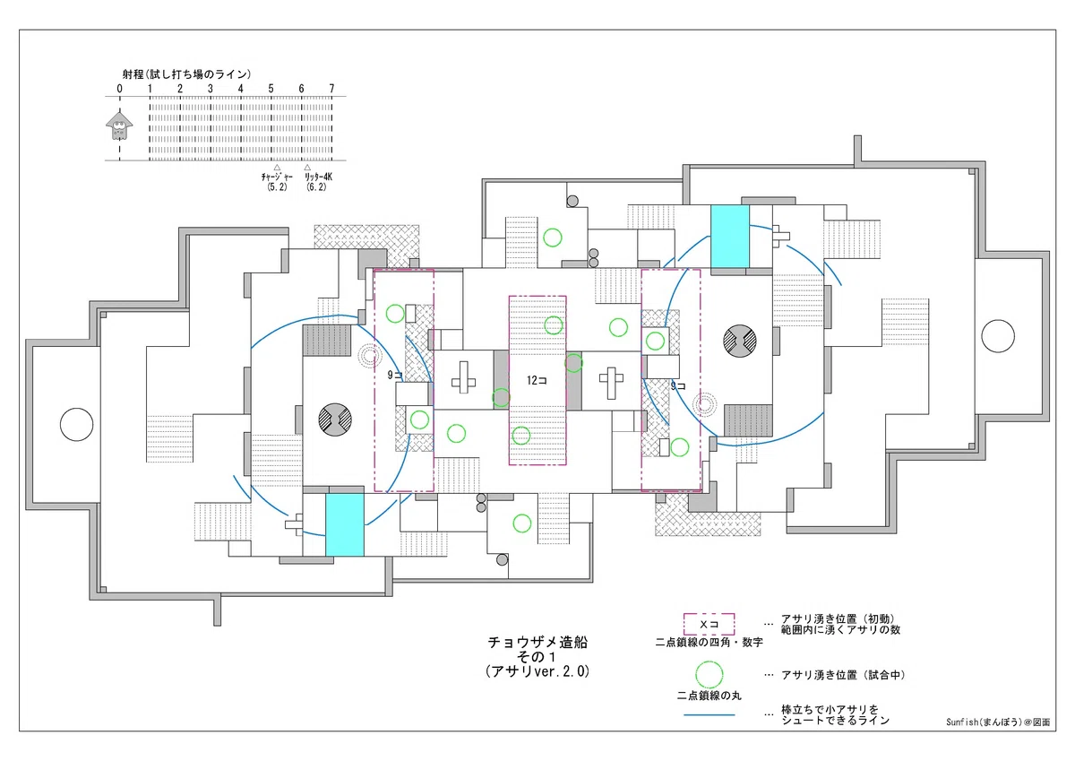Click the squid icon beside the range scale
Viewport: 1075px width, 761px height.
[119, 125]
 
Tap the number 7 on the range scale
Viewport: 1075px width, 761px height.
[331, 89]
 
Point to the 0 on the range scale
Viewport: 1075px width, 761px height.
[119, 89]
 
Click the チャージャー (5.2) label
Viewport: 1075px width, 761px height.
[277, 182]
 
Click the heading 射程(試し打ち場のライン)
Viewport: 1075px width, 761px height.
[186, 74]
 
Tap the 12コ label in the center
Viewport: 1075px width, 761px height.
[537, 380]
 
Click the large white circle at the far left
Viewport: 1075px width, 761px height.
[76, 425]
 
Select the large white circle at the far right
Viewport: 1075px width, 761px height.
[998, 336]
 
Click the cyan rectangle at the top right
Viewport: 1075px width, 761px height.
[730, 237]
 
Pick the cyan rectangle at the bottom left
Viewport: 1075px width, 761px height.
[345, 524]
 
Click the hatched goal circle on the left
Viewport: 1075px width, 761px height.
[335, 419]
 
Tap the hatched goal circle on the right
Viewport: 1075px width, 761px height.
[740, 342]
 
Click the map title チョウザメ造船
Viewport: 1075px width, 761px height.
[537, 643]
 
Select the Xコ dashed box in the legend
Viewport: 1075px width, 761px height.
[709, 624]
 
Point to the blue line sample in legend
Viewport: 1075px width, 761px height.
[709, 715]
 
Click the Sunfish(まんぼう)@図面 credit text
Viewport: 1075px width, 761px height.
[998, 722]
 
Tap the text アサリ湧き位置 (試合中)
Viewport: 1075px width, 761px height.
[843, 675]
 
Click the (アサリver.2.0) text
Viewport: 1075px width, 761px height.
[537, 671]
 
